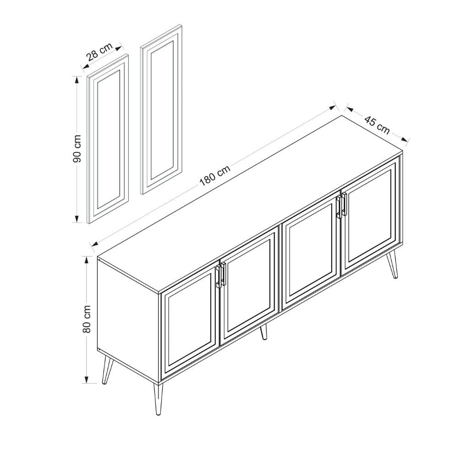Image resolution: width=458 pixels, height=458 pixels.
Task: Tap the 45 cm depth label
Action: [377, 125]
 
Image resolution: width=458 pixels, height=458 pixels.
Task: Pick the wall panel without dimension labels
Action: [160, 110]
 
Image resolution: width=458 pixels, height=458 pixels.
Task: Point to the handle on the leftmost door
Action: [218, 278]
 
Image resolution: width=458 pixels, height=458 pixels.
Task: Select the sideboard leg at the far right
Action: [393, 266]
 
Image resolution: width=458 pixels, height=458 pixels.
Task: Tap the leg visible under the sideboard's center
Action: [263, 333]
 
